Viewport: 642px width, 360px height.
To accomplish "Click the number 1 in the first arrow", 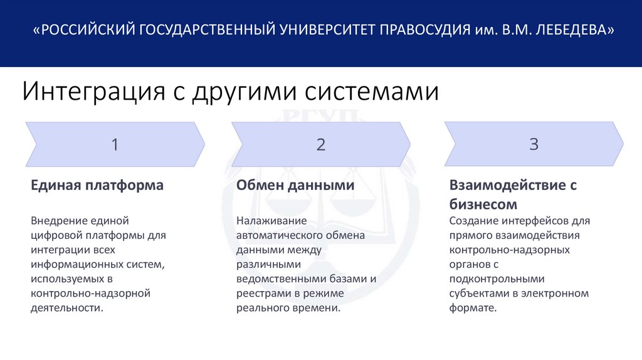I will (x=115, y=145).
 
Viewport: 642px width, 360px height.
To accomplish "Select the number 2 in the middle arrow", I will (x=321, y=145).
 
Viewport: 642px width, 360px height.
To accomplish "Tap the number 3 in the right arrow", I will (x=534, y=144).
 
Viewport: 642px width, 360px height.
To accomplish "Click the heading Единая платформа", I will (x=97, y=186).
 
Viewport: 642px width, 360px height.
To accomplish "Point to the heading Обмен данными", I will (x=295, y=186).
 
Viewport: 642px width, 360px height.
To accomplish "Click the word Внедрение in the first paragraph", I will (x=57, y=221).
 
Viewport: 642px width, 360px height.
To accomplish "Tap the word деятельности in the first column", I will (x=66, y=307).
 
